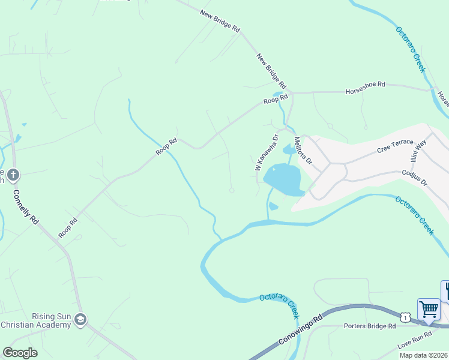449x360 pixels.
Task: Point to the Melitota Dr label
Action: coord(303,151)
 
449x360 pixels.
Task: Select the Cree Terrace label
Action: coord(395,146)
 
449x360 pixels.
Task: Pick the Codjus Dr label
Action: coord(414,177)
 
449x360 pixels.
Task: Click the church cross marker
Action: coord(13,175)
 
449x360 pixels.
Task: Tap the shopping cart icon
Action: coord(429,310)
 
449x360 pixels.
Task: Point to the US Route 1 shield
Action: coord(406,316)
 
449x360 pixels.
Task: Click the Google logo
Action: coord(20,352)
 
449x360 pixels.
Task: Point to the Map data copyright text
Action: coord(423,355)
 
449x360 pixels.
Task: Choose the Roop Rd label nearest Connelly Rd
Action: coord(68,229)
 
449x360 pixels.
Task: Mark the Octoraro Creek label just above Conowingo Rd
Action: coord(279,304)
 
